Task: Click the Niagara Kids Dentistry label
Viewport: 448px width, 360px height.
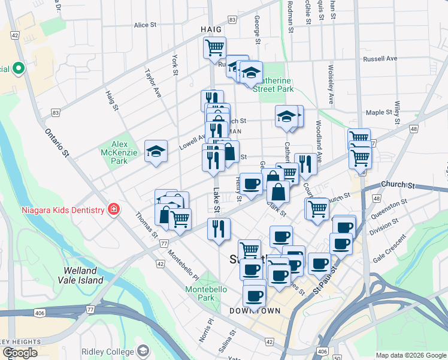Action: pyautogui.click(x=56, y=209)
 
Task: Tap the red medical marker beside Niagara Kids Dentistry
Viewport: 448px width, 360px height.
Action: pyautogui.click(x=113, y=209)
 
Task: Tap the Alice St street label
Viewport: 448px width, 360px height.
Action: pyautogui.click(x=145, y=25)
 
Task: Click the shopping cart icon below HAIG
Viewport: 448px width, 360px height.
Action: pyautogui.click(x=214, y=47)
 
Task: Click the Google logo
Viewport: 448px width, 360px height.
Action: pyautogui.click(x=20, y=353)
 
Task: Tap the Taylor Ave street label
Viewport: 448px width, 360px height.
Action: pyautogui.click(x=153, y=83)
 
